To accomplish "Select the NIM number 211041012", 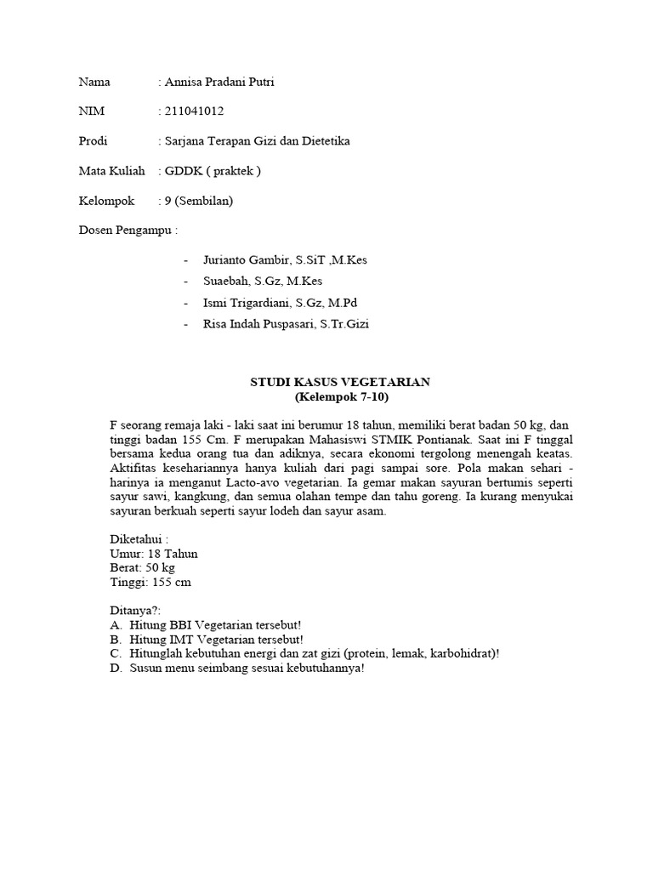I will pyautogui.click(x=195, y=111).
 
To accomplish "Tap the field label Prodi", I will pyautogui.click(x=94, y=141).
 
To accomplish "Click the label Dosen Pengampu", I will pyautogui.click(x=128, y=230).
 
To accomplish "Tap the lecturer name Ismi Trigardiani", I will pyautogui.click(x=247, y=302).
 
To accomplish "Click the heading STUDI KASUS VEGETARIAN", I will pyautogui.click(x=340, y=383).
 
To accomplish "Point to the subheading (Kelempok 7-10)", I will pyautogui.click(x=340, y=397).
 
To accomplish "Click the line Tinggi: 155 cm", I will pyautogui.click(x=150, y=582).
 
